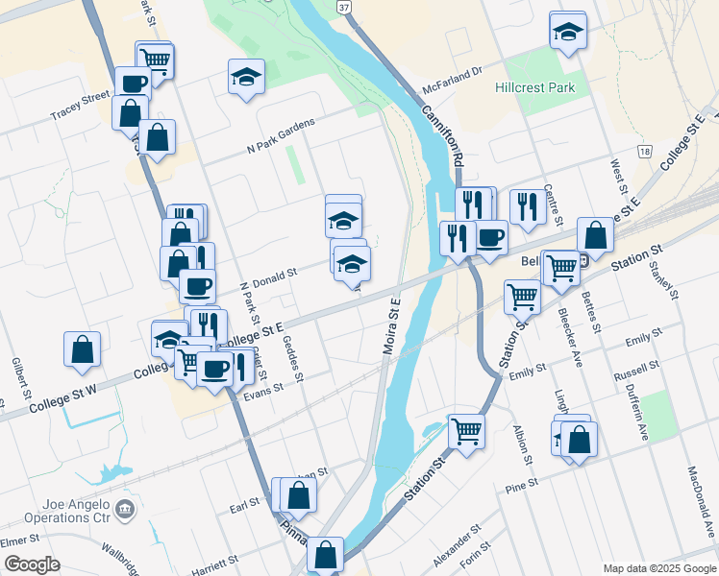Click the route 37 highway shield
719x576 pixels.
tap(343, 7)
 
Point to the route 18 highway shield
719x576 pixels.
tap(643, 152)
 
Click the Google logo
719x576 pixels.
tap(32, 564)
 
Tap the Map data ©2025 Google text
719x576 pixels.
tap(659, 568)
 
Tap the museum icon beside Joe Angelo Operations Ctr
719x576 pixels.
tap(123, 508)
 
